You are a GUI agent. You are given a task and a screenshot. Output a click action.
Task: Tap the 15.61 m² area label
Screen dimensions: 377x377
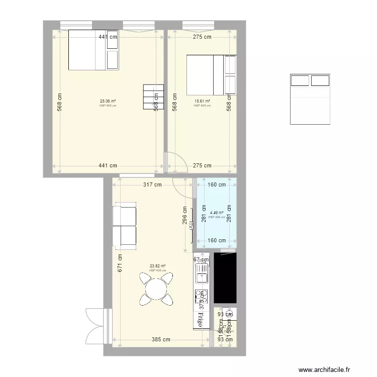click(x=202, y=101)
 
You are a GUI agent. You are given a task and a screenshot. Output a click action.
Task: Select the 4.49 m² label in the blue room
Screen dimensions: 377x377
click(x=217, y=213)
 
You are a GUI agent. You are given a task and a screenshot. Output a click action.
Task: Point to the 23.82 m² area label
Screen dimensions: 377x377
click(x=158, y=266)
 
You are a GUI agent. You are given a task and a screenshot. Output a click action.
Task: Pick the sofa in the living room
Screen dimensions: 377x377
click(x=125, y=225)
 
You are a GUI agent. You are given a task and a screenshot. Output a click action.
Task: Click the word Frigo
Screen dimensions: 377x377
click(x=202, y=319)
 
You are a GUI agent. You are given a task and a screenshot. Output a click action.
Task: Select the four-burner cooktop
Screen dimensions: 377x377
click(x=202, y=295)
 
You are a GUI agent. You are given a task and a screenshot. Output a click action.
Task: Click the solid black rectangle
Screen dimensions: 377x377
click(x=225, y=278)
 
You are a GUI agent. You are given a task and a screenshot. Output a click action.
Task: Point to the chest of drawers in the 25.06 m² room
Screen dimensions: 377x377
click(x=154, y=97)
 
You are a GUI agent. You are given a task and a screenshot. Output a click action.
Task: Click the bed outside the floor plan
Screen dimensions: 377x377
click(x=310, y=99)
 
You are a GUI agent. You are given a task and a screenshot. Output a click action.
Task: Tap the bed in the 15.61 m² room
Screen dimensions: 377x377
click(x=211, y=75)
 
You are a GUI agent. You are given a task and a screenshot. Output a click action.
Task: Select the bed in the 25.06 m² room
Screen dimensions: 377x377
click(x=94, y=49)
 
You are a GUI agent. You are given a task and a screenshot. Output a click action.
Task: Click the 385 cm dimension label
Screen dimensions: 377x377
click(x=160, y=339)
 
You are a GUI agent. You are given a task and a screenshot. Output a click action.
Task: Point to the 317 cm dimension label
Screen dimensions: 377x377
click(x=152, y=184)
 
